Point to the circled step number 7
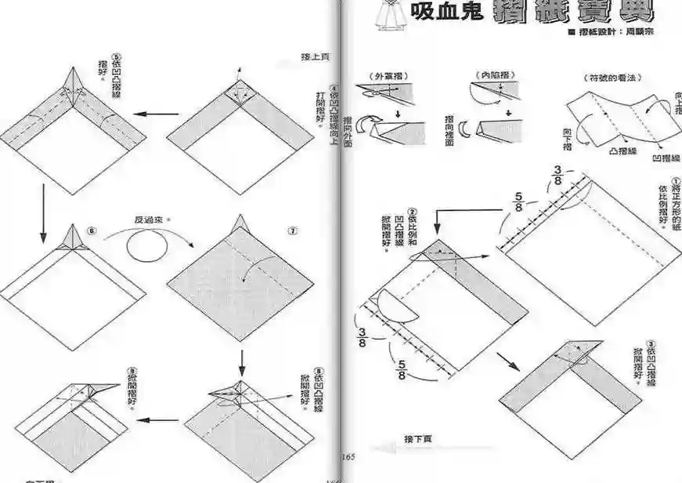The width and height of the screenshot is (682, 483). (292, 231)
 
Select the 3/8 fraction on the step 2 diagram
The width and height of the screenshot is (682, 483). (363, 338)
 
